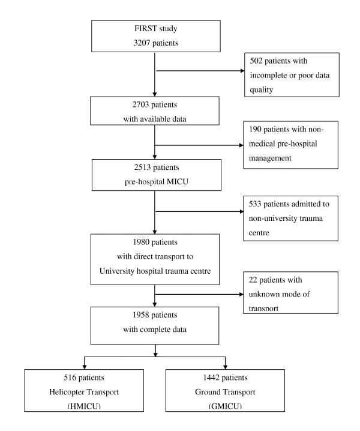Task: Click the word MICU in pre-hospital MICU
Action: (x=173, y=181)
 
